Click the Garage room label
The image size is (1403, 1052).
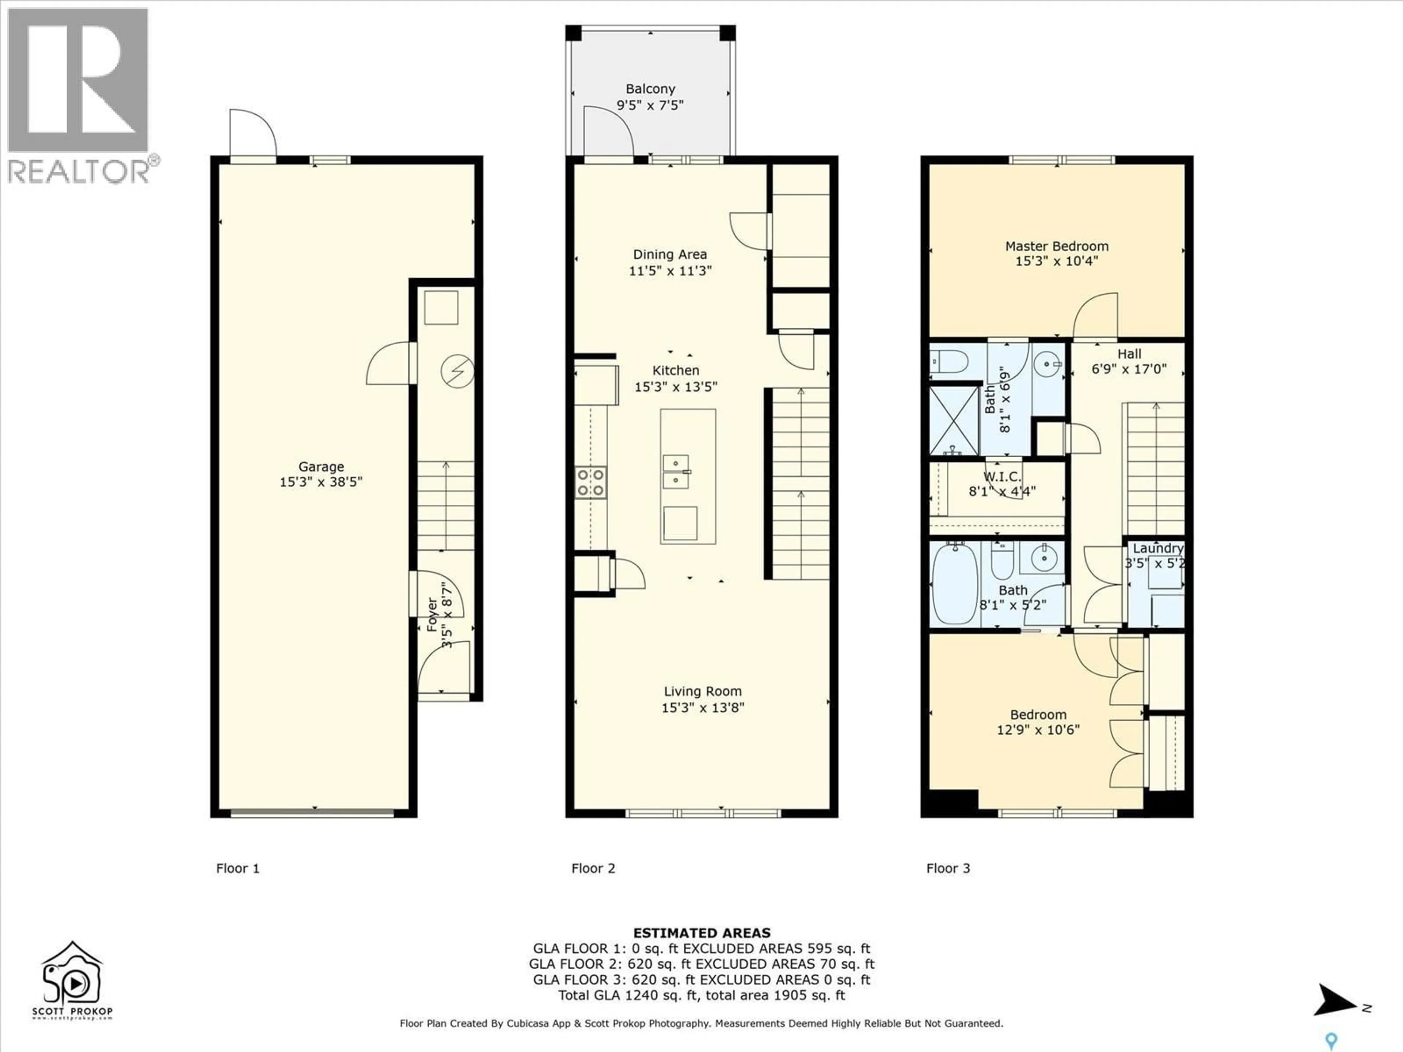tap(321, 467)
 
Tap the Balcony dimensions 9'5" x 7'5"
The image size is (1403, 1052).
tap(650, 105)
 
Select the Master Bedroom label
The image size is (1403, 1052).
tap(1057, 246)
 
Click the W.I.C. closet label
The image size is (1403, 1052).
tap(1002, 477)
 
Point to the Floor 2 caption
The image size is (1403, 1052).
tap(593, 868)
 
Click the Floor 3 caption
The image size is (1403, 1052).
tap(948, 868)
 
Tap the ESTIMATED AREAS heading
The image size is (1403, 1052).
tap(701, 933)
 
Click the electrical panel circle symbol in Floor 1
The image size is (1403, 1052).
tap(457, 371)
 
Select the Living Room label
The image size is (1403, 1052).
tap(702, 691)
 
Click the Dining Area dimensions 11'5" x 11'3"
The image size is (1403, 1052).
tap(670, 271)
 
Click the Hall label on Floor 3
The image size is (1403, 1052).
tap(1129, 354)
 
